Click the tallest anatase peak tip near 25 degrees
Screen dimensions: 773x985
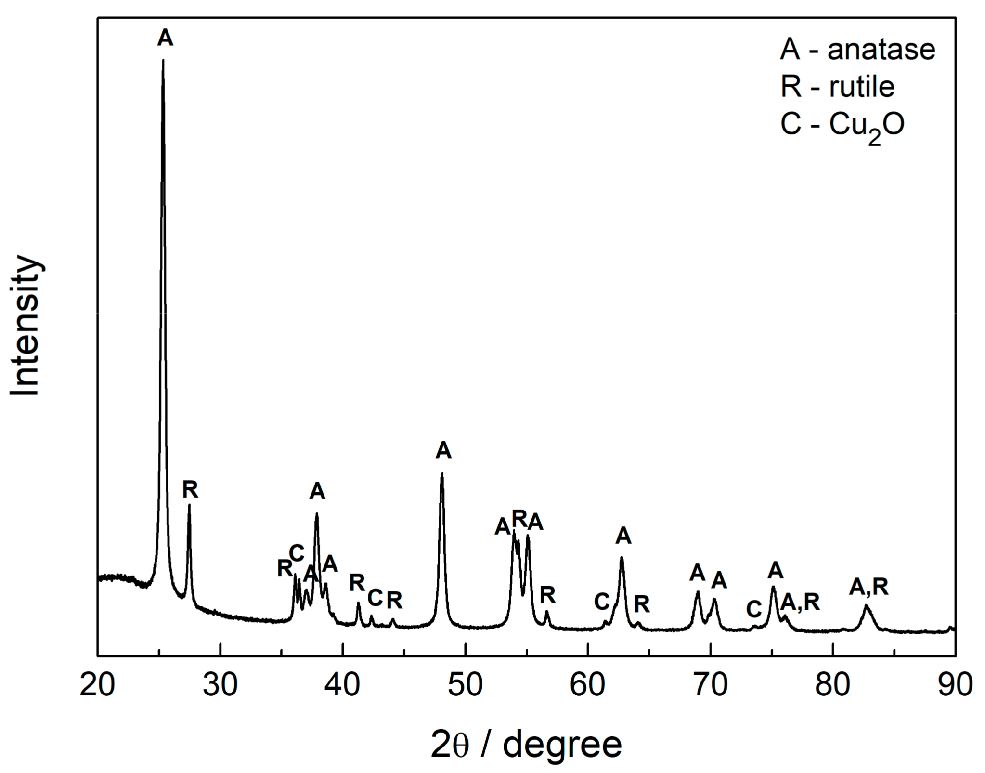coord(163,61)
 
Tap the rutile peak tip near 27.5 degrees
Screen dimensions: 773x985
coord(189,505)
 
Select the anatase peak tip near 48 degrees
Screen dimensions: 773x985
coord(442,474)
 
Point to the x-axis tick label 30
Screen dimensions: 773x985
coord(220,684)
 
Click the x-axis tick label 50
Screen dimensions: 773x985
coord(465,684)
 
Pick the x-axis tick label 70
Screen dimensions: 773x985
coord(710,684)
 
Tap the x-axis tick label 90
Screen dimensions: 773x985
coord(955,684)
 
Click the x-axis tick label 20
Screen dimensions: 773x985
coord(97,684)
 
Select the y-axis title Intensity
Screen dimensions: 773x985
coord(25,327)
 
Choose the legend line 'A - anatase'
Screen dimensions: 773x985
coord(857,50)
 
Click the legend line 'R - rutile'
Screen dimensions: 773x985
coord(837,87)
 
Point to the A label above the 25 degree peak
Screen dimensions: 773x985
coord(165,38)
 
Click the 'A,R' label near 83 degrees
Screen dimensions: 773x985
coord(868,587)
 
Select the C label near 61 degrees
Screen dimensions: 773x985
coord(602,602)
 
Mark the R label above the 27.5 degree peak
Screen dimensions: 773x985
coord(190,490)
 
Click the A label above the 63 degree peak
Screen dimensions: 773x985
coord(623,535)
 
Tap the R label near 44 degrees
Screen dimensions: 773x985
coord(394,600)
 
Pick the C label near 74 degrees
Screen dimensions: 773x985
coord(754,610)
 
